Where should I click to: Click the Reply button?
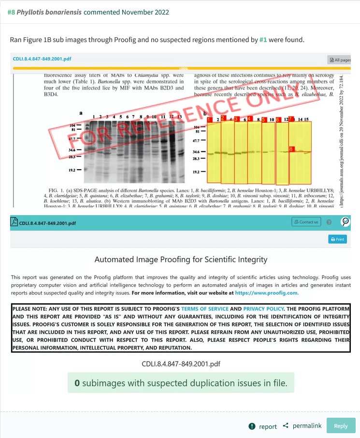[x=341, y=425]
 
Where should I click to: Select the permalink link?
[x=302, y=425]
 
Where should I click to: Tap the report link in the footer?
[x=263, y=426]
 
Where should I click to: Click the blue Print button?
[x=337, y=239]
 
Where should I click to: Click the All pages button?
[x=339, y=60]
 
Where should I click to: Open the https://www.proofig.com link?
[x=267, y=292]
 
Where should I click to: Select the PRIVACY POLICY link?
[x=264, y=308]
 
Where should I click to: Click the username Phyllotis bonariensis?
[x=49, y=12]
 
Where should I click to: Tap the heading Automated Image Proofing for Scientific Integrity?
[x=181, y=260]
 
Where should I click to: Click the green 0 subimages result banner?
[x=180, y=383]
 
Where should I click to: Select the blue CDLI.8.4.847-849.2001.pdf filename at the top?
[x=42, y=58]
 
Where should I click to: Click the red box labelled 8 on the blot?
[x=291, y=149]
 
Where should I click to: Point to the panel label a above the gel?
[x=81, y=113]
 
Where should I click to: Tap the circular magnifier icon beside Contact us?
[x=345, y=222]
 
